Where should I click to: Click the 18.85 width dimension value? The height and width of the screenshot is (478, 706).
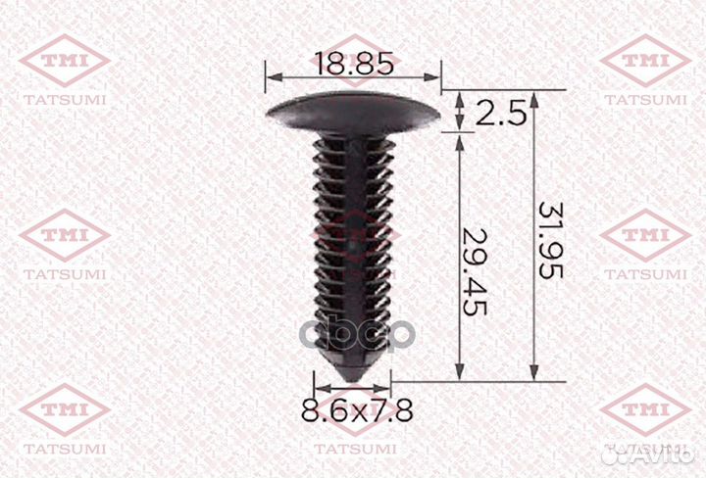[354, 65]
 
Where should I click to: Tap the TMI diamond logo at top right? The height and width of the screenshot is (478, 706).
[643, 61]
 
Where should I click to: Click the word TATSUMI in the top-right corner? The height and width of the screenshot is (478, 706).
[643, 99]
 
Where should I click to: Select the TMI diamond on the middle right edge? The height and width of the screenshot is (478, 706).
[643, 235]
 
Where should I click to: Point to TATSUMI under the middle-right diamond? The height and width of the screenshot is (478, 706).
[643, 273]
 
